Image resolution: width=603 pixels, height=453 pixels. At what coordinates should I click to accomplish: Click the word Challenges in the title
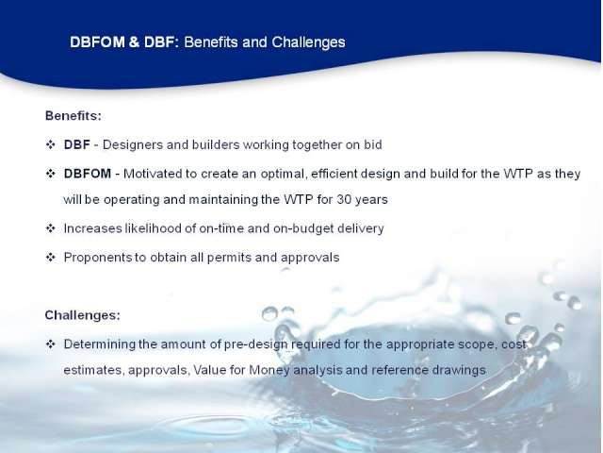pos(308,42)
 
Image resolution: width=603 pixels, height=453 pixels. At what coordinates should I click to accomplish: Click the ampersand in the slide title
pos(134,42)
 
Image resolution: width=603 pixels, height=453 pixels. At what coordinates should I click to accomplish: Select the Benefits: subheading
pos(73,115)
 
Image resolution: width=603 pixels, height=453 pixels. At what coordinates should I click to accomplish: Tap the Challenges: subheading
pos(83,315)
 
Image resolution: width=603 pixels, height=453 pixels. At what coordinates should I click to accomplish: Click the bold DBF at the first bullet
pos(77,144)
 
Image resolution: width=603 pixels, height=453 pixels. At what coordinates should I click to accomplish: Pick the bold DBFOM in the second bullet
pos(88,174)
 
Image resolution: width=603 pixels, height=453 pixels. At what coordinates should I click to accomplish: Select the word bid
pos(373,144)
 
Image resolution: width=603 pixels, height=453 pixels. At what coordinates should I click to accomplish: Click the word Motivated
pos(153,174)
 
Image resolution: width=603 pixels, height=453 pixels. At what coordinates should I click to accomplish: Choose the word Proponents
pos(98,258)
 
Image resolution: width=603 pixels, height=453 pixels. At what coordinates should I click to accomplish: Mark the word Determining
pos(100,344)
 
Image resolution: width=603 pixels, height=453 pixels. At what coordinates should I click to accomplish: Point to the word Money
pos(269,370)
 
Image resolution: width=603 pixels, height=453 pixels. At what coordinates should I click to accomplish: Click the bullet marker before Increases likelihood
pos(50,228)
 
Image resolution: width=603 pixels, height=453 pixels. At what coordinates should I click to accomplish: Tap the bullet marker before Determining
pos(50,344)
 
